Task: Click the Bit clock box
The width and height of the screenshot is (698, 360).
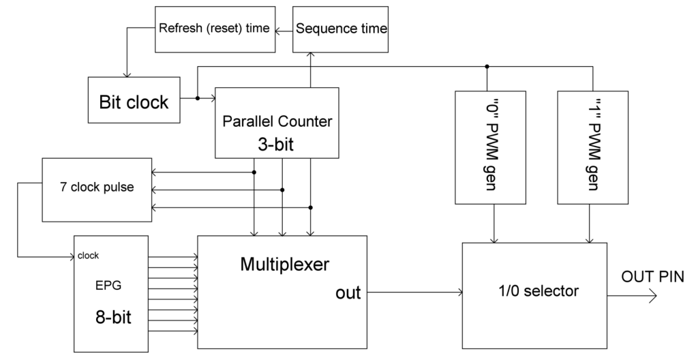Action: pyautogui.click(x=134, y=102)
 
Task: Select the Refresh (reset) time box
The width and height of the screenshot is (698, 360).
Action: pyautogui.click(x=214, y=29)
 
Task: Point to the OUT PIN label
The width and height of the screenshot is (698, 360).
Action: pyautogui.click(x=652, y=276)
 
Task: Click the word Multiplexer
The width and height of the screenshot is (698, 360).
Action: pyautogui.click(x=285, y=264)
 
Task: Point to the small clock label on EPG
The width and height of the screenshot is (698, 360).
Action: pyautogui.click(x=89, y=256)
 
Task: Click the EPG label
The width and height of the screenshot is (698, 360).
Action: pyautogui.click(x=109, y=286)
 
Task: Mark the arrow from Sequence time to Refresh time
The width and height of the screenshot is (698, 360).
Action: pyautogui.click(x=282, y=29)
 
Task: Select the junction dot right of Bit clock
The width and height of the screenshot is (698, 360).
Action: pyautogui.click(x=198, y=98)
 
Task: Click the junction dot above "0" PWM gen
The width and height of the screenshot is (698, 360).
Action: pyautogui.click(x=487, y=67)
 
